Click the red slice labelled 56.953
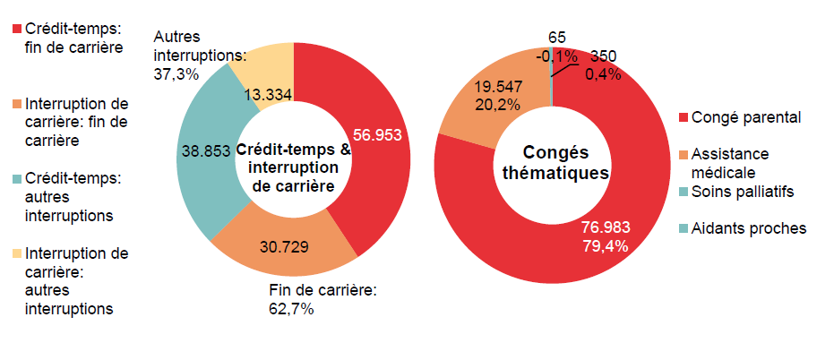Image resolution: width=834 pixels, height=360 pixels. pyautogui.click(x=376, y=136)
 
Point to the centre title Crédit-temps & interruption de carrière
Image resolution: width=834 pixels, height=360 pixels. pyautogui.click(x=293, y=169)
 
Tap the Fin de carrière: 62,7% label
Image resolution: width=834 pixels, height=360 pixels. pyautogui.click(x=322, y=299)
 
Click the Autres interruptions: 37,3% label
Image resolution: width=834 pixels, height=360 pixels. pyautogui.click(x=199, y=56)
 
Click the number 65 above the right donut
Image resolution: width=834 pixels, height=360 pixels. pyautogui.click(x=556, y=37)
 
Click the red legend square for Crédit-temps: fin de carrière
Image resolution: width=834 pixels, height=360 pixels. pyautogui.click(x=16, y=30)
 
